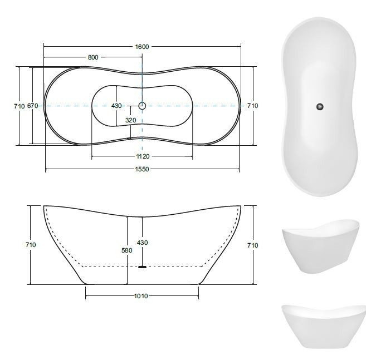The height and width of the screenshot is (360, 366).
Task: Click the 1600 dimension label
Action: pos(142,47)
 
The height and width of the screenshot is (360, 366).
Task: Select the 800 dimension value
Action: pos(93,58)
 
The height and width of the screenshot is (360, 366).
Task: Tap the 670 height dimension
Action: pos(33,106)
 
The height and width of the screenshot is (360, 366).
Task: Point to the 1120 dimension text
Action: pos(142,156)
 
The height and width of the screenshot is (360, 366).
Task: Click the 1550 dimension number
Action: pos(142,169)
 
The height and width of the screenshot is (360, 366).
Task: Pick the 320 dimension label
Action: pos(131,120)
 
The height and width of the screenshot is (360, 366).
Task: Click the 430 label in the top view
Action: pos(116,106)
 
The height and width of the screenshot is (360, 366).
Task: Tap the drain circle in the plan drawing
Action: pos(142,105)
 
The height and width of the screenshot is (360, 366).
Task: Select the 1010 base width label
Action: pos(141,296)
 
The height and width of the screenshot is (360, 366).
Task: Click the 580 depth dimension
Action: pos(127,250)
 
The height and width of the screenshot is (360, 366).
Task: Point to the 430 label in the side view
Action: pos(143,243)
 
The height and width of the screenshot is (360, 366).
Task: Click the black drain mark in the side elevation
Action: pos(142,267)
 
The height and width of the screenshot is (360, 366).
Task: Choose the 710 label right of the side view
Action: pos(252,245)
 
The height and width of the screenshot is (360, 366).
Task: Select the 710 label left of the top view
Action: pos(18,106)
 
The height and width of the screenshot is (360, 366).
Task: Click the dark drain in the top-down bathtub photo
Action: pos(320,106)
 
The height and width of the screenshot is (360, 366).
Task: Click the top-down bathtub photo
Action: pos(320,106)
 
